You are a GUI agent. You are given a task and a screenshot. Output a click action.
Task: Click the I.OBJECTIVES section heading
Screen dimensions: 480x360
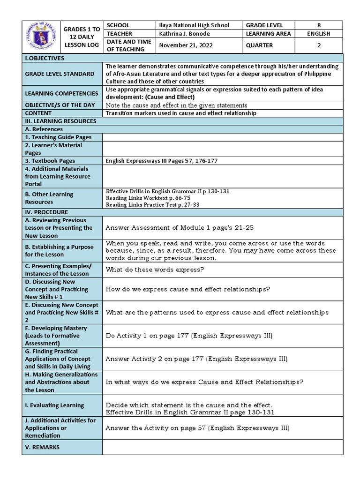pyautogui.click(x=45, y=58)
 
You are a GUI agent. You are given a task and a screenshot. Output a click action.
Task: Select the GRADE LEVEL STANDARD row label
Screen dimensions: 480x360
pyautogui.click(x=60, y=74)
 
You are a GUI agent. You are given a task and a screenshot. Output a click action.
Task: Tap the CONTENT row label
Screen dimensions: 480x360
pyautogui.click(x=38, y=113)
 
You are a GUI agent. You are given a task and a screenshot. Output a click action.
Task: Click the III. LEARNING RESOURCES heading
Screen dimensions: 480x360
pyautogui.click(x=60, y=121)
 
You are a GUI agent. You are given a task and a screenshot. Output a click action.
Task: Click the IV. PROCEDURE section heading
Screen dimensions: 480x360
pyautogui.click(x=47, y=212)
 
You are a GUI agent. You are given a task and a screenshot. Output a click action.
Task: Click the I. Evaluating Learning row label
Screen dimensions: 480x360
pyautogui.click(x=54, y=405)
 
